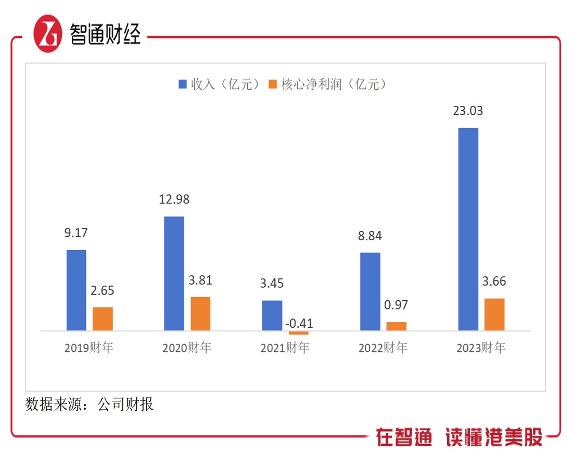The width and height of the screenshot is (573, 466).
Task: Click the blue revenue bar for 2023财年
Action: click(x=468, y=229)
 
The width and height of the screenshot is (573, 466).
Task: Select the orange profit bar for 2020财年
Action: click(x=200, y=313)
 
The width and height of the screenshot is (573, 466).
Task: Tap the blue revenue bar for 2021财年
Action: click(x=272, y=315)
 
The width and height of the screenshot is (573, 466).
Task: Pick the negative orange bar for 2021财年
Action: click(x=298, y=333)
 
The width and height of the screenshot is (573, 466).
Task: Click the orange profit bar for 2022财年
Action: click(x=397, y=326)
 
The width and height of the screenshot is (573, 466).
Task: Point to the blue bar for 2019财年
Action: click(x=77, y=290)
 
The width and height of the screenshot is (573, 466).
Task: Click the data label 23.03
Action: click(x=468, y=111)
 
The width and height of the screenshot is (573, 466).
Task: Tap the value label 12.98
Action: click(x=174, y=199)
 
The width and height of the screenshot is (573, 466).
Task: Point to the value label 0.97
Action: click(x=397, y=304)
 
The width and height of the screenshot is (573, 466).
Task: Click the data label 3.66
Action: click(x=494, y=281)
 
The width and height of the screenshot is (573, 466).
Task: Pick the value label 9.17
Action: click(x=76, y=233)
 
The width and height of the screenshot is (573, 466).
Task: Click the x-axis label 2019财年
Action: click(x=89, y=348)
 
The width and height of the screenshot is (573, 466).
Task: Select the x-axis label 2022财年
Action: click(x=383, y=348)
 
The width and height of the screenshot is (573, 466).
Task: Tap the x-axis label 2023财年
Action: click(x=481, y=348)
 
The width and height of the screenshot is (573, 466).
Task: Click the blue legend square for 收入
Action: click(x=183, y=84)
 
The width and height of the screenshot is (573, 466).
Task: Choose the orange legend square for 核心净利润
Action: click(x=273, y=84)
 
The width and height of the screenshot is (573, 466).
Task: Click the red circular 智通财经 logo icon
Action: click(x=48, y=33)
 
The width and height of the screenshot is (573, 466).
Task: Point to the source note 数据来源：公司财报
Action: click(x=89, y=404)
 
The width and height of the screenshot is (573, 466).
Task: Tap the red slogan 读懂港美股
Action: click(x=494, y=437)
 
